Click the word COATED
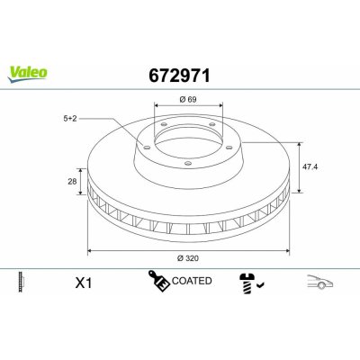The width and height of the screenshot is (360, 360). coord(192,282)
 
